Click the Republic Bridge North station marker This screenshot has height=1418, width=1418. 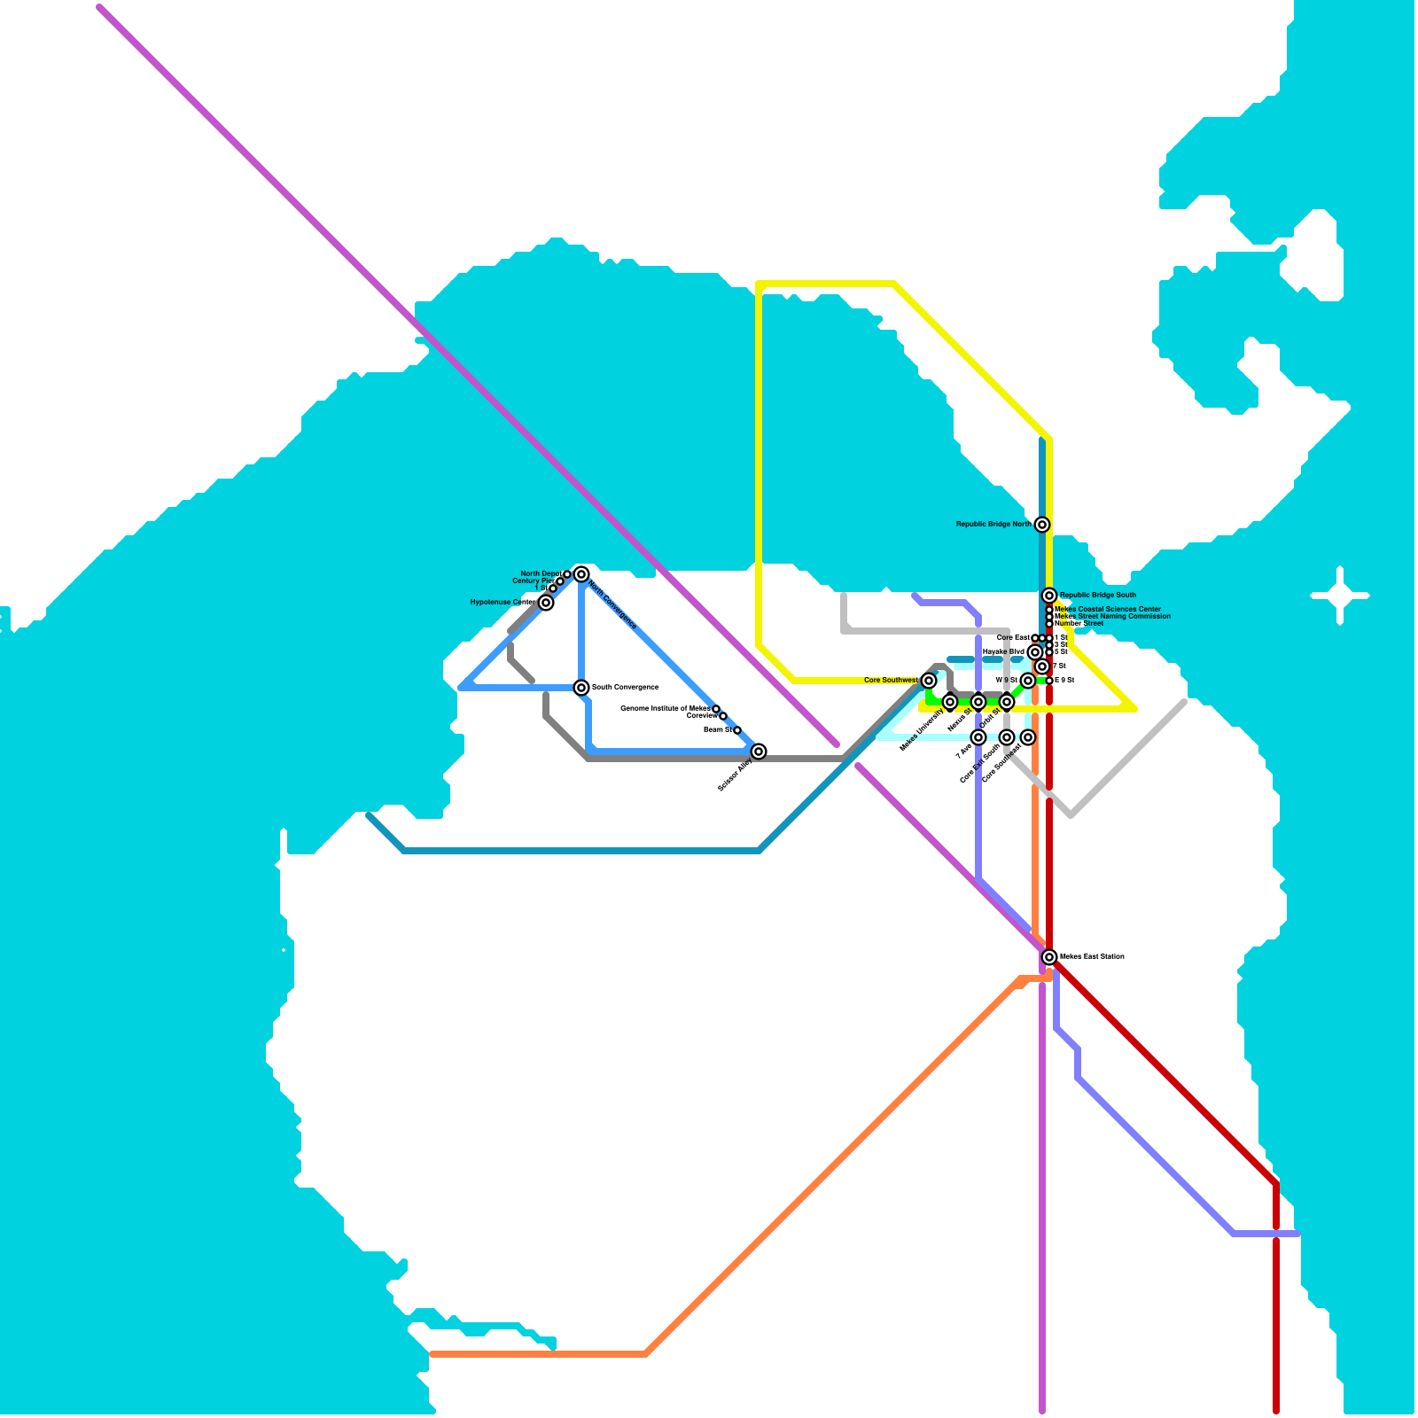click(x=1042, y=525)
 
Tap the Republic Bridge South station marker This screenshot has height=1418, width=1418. click(x=1049, y=596)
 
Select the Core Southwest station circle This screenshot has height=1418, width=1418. click(x=929, y=681)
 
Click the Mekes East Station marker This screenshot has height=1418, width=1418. click(x=1049, y=957)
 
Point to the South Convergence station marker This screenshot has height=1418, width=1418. click(x=581, y=688)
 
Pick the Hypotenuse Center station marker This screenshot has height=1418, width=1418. click(x=546, y=603)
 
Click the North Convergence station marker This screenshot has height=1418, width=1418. click(x=581, y=574)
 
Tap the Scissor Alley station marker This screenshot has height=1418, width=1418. click(x=759, y=752)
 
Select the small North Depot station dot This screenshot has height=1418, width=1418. click(x=567, y=574)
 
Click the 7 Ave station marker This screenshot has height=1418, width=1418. click(x=978, y=737)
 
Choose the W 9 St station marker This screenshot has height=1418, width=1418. click(x=1028, y=681)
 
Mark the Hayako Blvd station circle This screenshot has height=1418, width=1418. click(x=1035, y=652)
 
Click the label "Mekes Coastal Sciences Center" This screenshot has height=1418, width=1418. click(x=1108, y=610)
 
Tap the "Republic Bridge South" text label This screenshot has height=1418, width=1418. click(x=1097, y=596)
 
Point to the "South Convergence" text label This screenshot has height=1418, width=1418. click(x=625, y=688)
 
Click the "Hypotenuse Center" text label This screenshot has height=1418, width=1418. click(x=503, y=603)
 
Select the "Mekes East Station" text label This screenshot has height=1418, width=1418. click(x=1092, y=957)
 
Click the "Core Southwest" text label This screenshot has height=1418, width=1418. click(x=891, y=681)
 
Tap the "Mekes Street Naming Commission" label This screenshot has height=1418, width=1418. click(x=1112, y=617)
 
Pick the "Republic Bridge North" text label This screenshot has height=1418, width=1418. click(x=993, y=525)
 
